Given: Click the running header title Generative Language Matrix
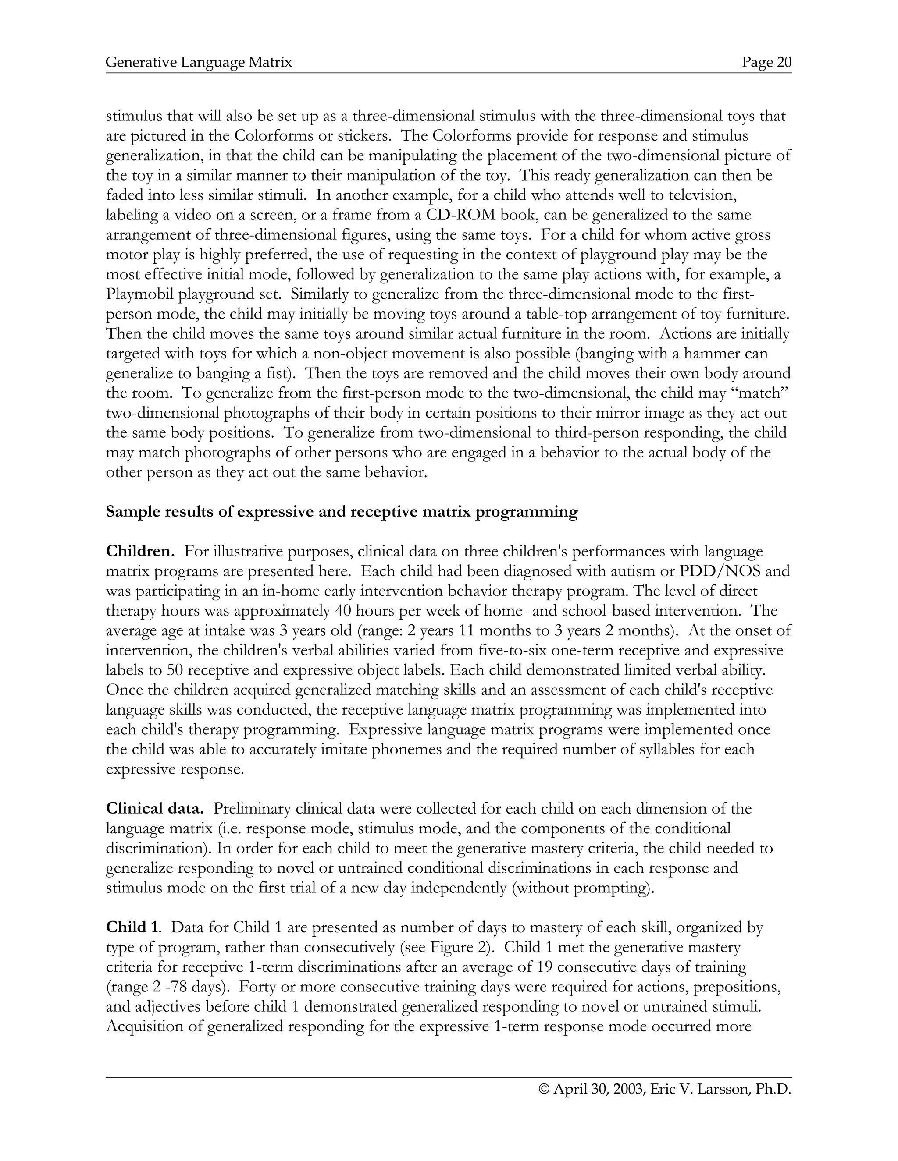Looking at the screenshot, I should [x=199, y=63].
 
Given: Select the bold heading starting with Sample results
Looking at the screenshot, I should [x=342, y=511].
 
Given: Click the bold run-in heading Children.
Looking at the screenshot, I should [x=140, y=551].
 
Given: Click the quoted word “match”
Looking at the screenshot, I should [x=762, y=393].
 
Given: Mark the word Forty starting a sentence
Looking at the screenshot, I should [x=257, y=987].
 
